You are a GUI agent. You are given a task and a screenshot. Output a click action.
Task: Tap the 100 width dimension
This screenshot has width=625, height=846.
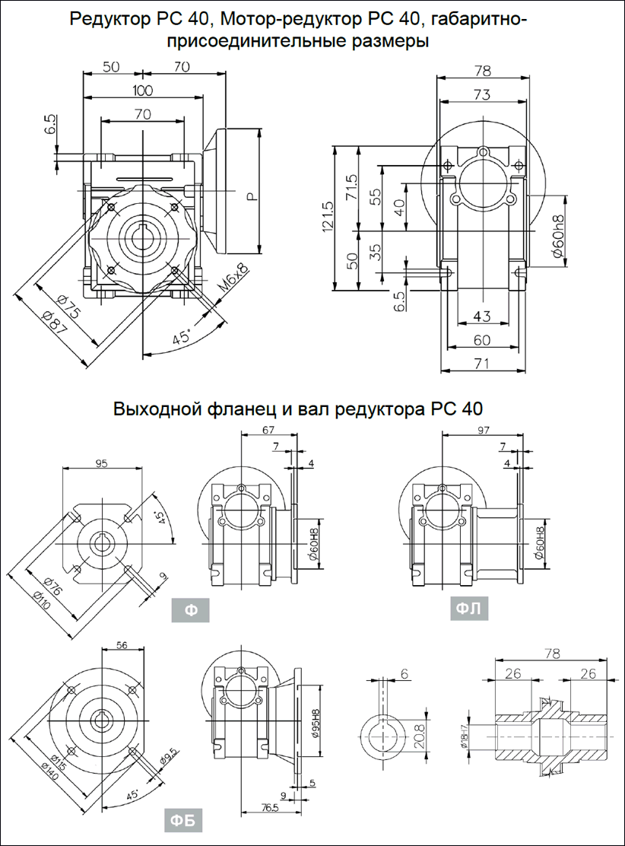pyautogui.click(x=142, y=91)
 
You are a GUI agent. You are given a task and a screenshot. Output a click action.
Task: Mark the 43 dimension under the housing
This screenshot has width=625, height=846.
pyautogui.click(x=482, y=316)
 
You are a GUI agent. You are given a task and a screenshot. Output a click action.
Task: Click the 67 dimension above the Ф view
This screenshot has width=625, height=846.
pyautogui.click(x=268, y=431)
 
